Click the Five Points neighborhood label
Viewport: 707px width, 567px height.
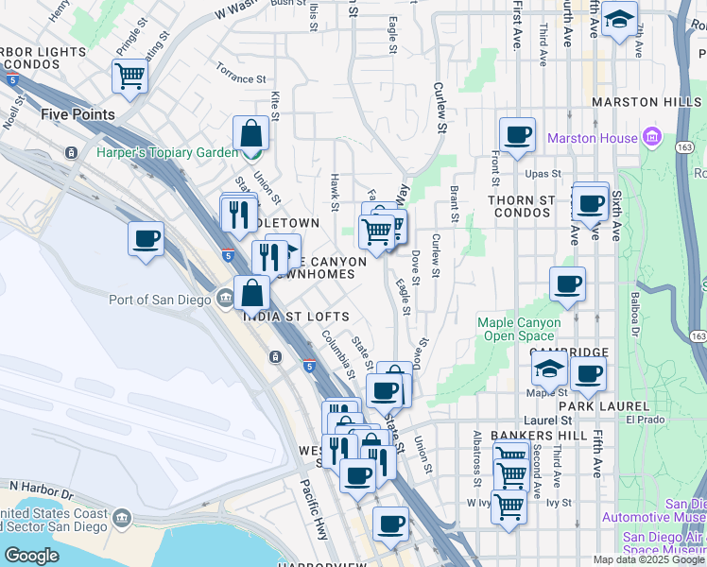[x=78, y=114]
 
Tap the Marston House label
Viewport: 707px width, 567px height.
[x=592, y=139]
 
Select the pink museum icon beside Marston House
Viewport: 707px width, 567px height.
[x=650, y=138]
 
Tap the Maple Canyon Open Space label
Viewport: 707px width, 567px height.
[x=519, y=329]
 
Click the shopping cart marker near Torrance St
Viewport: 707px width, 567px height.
[x=129, y=76]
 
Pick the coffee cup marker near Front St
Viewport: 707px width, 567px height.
[x=517, y=134]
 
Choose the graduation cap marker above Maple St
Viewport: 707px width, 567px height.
[x=550, y=368]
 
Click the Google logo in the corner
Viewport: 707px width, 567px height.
[x=31, y=555]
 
